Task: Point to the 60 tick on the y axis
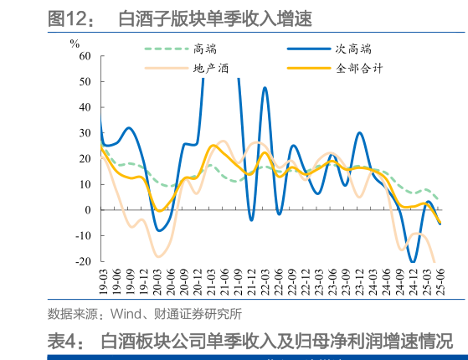pos(85,56)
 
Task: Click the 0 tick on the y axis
pos(88,210)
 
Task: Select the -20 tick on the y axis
pos(83,261)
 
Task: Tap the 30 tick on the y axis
pos(85,133)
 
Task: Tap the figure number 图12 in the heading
pos(70,17)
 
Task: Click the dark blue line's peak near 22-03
pos(265,87)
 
